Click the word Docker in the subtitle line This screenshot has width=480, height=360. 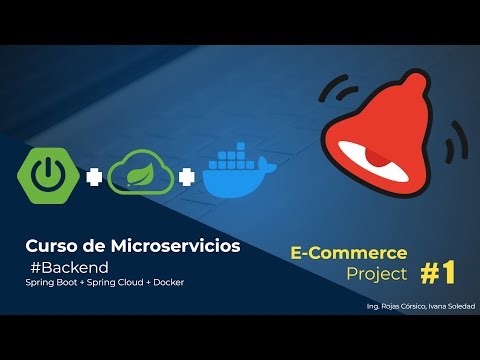pyautogui.click(x=167, y=282)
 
